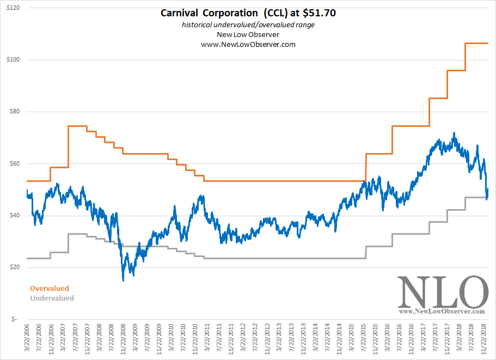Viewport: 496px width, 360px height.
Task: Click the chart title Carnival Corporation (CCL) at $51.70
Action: [248, 13]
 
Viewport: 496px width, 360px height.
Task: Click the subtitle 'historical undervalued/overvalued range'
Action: [248, 25]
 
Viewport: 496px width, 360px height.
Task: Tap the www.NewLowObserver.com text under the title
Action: [248, 45]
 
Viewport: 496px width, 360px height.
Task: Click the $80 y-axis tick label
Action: [14, 112]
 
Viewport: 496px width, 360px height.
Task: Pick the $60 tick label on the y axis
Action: [14, 163]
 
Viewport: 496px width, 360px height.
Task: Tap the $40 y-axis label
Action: [14, 216]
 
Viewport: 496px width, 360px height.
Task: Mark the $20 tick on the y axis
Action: [14, 267]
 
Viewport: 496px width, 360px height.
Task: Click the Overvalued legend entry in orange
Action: [50, 288]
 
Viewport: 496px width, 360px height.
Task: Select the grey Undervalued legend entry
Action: [52, 298]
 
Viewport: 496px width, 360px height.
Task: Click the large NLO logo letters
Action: [442, 292]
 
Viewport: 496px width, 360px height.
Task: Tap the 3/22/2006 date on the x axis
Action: [27, 340]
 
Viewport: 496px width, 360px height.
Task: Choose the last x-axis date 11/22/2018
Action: [486, 340]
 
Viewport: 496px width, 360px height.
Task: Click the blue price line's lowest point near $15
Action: [124, 280]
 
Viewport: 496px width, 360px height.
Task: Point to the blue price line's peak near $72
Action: [454, 133]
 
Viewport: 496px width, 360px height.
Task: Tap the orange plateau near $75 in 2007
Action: [77, 126]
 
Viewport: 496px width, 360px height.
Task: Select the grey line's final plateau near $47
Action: [476, 198]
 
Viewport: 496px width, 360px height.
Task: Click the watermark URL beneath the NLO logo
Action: [442, 312]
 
